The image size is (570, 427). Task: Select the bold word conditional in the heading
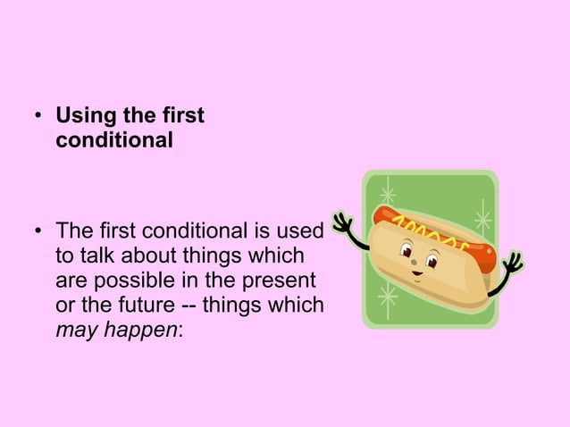tap(114, 141)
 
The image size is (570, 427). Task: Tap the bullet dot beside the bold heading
tap(38, 117)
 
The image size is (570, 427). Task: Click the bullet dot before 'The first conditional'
tap(38, 231)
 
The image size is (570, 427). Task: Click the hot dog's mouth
tap(416, 274)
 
